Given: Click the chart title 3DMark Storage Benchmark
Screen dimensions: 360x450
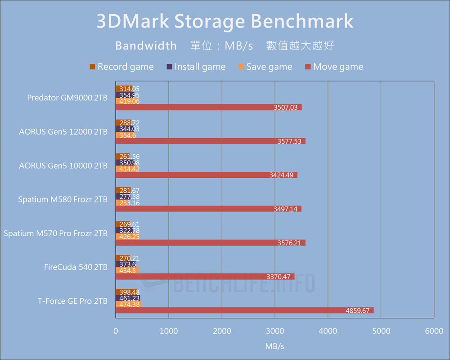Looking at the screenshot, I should (x=225, y=22).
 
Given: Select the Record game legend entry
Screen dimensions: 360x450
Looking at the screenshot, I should (x=121, y=67).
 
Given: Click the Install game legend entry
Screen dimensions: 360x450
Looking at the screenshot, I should (x=196, y=67).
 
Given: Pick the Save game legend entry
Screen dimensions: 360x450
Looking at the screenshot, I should (x=265, y=67).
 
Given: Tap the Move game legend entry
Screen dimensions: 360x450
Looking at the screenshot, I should (x=333, y=67).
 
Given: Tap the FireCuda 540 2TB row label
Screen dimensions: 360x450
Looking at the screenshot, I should (x=76, y=267).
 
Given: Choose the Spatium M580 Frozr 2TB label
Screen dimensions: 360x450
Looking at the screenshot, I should (x=63, y=199).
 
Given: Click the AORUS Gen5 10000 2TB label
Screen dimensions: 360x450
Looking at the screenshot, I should (x=63, y=165).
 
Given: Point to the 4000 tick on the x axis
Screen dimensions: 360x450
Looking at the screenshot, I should (x=328, y=331).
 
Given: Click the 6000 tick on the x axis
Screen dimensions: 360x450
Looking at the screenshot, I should (x=434, y=331).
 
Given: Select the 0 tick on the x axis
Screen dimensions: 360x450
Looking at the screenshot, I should (x=116, y=331).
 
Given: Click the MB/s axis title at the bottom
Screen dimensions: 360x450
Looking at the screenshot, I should (x=274, y=346).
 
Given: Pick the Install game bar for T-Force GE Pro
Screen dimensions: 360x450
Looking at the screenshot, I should (x=128, y=298).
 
